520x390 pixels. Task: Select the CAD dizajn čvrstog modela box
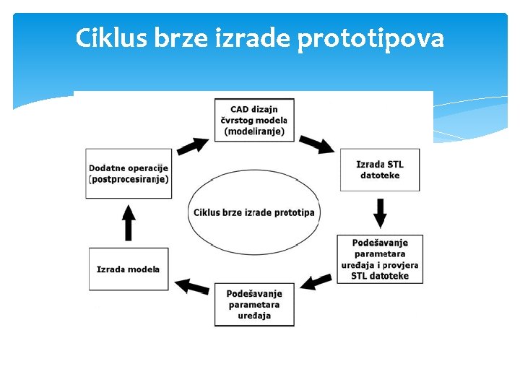point(254,120)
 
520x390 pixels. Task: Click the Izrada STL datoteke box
point(379,170)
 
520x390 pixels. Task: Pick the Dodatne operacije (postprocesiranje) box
point(129,173)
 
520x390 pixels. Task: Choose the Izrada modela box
point(129,269)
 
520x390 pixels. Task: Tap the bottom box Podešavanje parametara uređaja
point(254,304)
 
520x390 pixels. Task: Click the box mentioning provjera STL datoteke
point(379,259)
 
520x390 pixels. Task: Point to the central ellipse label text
point(253,212)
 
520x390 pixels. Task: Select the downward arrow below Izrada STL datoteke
point(380,212)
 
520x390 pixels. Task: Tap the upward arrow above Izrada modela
point(129,222)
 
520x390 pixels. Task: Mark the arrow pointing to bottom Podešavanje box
point(315,281)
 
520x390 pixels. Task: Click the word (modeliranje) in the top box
point(254,131)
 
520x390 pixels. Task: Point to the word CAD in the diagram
point(239,109)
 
